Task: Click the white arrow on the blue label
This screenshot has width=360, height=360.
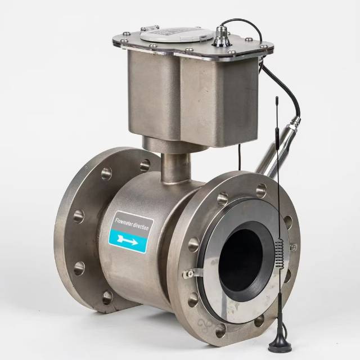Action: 128,240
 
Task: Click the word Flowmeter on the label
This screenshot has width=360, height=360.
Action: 124,223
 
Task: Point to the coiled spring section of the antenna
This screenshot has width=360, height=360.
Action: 280,253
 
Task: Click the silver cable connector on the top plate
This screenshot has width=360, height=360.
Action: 221,36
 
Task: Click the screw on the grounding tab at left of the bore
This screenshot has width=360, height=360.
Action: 186,273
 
